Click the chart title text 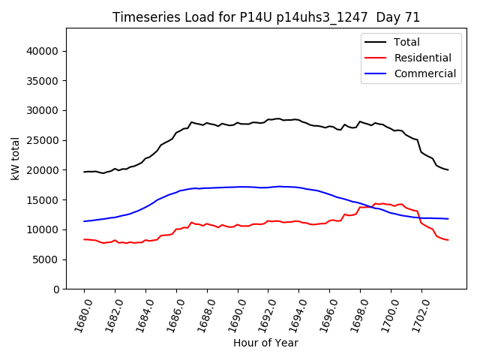point(266,17)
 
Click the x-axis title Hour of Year point(265,343)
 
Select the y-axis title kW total point(15,159)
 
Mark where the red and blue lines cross point(373,206)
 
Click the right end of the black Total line point(448,170)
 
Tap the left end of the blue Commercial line point(84,221)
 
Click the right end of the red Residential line point(448,240)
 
